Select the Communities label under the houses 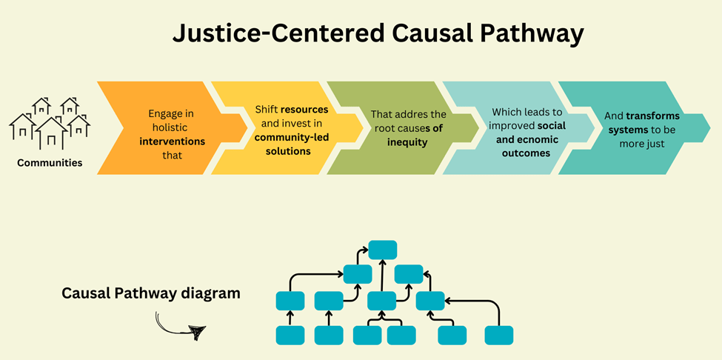(x=50, y=162)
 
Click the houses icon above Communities (x=50, y=122)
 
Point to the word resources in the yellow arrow (x=304, y=110)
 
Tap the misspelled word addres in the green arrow (x=407, y=115)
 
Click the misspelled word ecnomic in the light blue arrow (x=529, y=139)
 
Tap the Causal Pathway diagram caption (x=151, y=293)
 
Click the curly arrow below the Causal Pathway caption (x=180, y=326)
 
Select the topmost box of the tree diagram (x=382, y=250)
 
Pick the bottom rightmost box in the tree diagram (x=498, y=335)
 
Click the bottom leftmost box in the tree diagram (x=290, y=335)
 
